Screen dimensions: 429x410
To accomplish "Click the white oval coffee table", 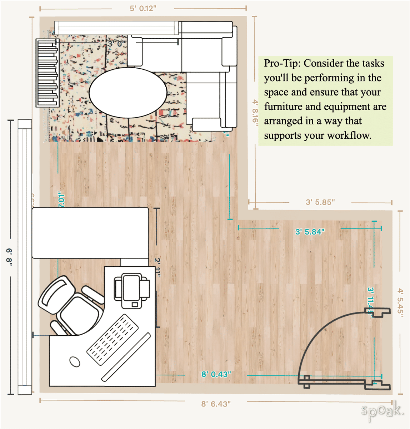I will (x=128, y=93).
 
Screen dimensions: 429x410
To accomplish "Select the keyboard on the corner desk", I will (x=113, y=340).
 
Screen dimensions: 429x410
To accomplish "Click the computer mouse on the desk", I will (x=75, y=361).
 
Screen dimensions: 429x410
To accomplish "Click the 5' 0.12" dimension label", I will (x=143, y=8).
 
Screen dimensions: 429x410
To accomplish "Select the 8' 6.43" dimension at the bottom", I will (x=216, y=404).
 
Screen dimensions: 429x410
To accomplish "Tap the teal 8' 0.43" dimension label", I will (x=216, y=374).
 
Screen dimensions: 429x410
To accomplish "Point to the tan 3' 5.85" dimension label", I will (x=320, y=202).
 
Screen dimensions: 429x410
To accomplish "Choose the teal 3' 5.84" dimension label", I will (x=310, y=232).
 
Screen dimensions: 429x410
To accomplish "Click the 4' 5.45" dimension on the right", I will (x=400, y=302).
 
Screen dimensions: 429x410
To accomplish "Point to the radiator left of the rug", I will (x=47, y=73).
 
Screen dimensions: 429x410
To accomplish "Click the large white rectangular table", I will (x=90, y=232).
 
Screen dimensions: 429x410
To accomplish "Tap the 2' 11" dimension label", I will (x=157, y=267).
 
